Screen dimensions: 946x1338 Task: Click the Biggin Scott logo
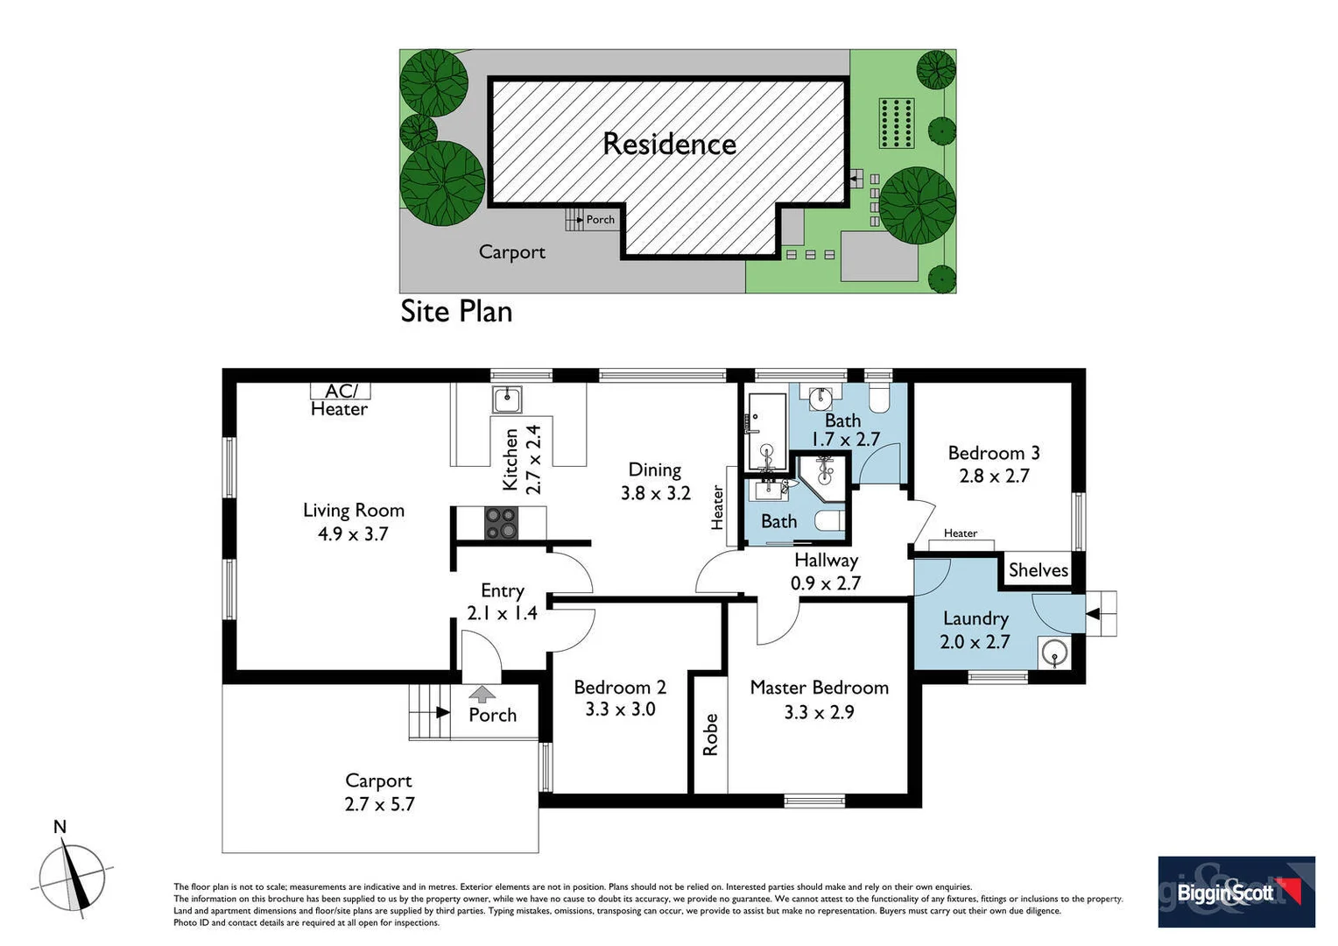pyautogui.click(x=1236, y=892)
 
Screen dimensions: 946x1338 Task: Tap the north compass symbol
pyautogui.click(x=72, y=877)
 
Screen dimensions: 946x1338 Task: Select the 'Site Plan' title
pyautogui.click(x=456, y=312)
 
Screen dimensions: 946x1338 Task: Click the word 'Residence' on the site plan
pyautogui.click(x=669, y=145)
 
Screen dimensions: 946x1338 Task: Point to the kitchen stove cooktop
pyautogui.click(x=501, y=523)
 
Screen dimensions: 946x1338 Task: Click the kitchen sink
pyautogui.click(x=507, y=399)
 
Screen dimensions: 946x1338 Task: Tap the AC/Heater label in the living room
pyautogui.click(x=340, y=400)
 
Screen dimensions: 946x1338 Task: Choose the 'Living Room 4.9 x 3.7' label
pyautogui.click(x=353, y=522)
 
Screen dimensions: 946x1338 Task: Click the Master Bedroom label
pyautogui.click(x=819, y=699)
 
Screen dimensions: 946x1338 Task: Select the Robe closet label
pyautogui.click(x=710, y=735)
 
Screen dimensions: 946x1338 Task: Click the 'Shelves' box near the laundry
pyautogui.click(x=1038, y=570)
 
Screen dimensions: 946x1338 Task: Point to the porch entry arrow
pyautogui.click(x=482, y=695)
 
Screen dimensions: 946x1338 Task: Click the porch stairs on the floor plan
pyautogui.click(x=429, y=712)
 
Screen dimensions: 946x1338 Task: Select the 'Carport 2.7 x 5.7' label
pyautogui.click(x=378, y=792)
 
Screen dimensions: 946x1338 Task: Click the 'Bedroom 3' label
pyautogui.click(x=994, y=464)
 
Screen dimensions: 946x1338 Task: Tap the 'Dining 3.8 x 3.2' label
pyautogui.click(x=655, y=482)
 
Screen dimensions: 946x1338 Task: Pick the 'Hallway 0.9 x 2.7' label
pyautogui.click(x=826, y=571)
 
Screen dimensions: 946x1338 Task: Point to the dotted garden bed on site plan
pyautogui.click(x=897, y=124)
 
